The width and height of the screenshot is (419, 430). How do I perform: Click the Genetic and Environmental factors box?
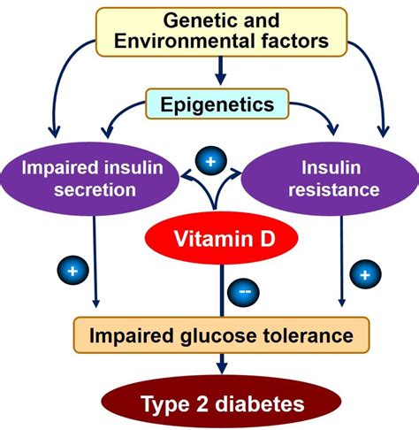pyautogui.click(x=222, y=32)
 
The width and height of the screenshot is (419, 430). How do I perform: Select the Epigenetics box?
pyautogui.click(x=217, y=104)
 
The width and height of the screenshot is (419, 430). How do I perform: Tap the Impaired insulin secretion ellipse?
pyautogui.click(x=90, y=179)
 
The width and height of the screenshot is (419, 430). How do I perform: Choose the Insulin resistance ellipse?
pyautogui.click(x=331, y=179)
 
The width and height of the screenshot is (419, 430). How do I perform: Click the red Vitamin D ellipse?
pyautogui.click(x=222, y=238)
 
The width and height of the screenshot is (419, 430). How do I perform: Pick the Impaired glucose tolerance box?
pyautogui.click(x=221, y=335)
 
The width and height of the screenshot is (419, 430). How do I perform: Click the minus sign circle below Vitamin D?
pyautogui.click(x=243, y=292)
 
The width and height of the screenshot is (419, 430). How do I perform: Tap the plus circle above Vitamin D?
pyautogui.click(x=211, y=161)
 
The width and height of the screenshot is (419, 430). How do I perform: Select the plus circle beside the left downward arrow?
pyautogui.click(x=72, y=270)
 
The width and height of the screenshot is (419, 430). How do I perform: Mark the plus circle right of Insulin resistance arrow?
pyautogui.click(x=365, y=274)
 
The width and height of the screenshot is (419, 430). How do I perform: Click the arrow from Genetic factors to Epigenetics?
pyautogui.click(x=221, y=71)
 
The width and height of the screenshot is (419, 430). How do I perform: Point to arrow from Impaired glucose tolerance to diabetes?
pyautogui.click(x=222, y=364)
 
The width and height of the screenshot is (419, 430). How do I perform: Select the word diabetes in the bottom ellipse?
pyautogui.click(x=260, y=403)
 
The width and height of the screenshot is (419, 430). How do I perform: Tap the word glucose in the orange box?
pyautogui.click(x=218, y=336)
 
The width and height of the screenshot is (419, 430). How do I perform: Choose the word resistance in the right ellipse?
pyautogui.click(x=334, y=189)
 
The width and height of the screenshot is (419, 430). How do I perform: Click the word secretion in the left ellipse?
pyautogui.click(x=95, y=189)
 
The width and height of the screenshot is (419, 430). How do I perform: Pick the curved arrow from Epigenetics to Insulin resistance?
pyautogui.click(x=319, y=111)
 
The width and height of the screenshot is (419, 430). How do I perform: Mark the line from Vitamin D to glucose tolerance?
pyautogui.click(x=222, y=291)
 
